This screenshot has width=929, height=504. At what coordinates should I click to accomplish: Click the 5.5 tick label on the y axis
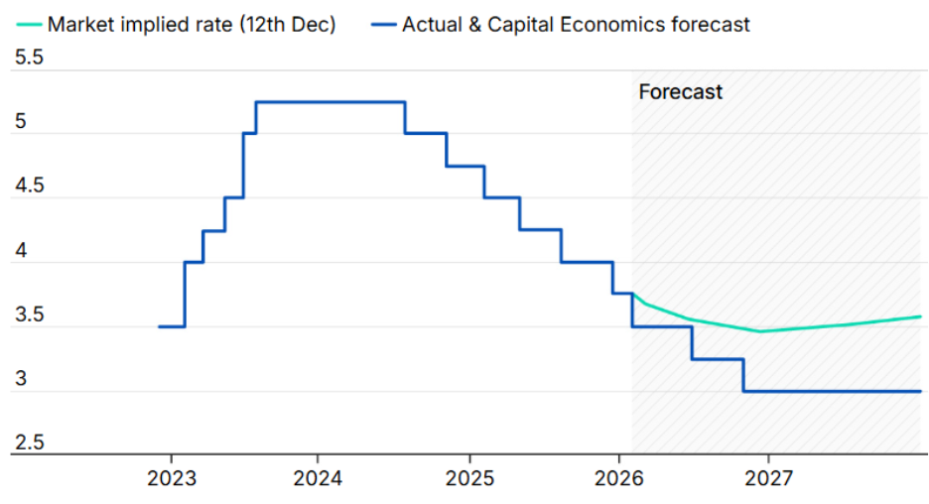pyautogui.click(x=28, y=59)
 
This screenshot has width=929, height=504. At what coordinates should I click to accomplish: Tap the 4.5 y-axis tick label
pyautogui.click(x=28, y=188)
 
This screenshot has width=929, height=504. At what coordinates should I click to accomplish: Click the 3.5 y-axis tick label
pyautogui.click(x=28, y=316)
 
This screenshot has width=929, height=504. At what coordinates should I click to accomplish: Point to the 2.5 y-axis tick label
pyautogui.click(x=28, y=442)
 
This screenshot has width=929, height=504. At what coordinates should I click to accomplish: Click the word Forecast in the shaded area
pyautogui.click(x=680, y=92)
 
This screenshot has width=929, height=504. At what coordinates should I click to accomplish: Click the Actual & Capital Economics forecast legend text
pyautogui.click(x=576, y=24)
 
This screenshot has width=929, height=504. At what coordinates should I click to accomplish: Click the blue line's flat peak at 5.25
pyautogui.click(x=331, y=102)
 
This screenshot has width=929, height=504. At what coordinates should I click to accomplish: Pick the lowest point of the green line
pyautogui.click(x=760, y=331)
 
